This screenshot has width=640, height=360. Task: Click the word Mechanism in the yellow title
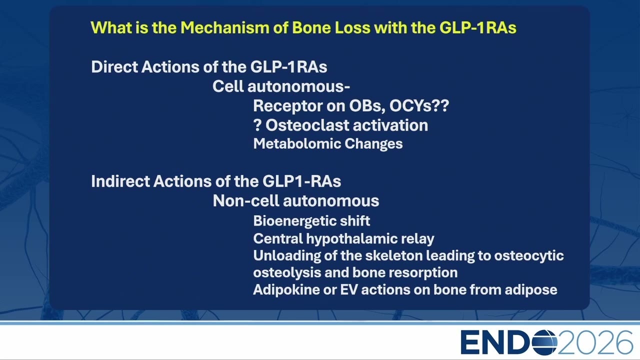225,27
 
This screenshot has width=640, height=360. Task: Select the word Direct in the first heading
114,67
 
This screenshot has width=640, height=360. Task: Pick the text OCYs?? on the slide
419,105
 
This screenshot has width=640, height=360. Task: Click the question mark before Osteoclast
257,125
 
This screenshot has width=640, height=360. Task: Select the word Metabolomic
297,143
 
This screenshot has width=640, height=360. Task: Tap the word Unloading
287,256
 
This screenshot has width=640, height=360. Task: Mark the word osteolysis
287,272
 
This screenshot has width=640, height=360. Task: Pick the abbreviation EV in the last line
349,289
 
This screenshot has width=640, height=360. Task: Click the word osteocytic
529,256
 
